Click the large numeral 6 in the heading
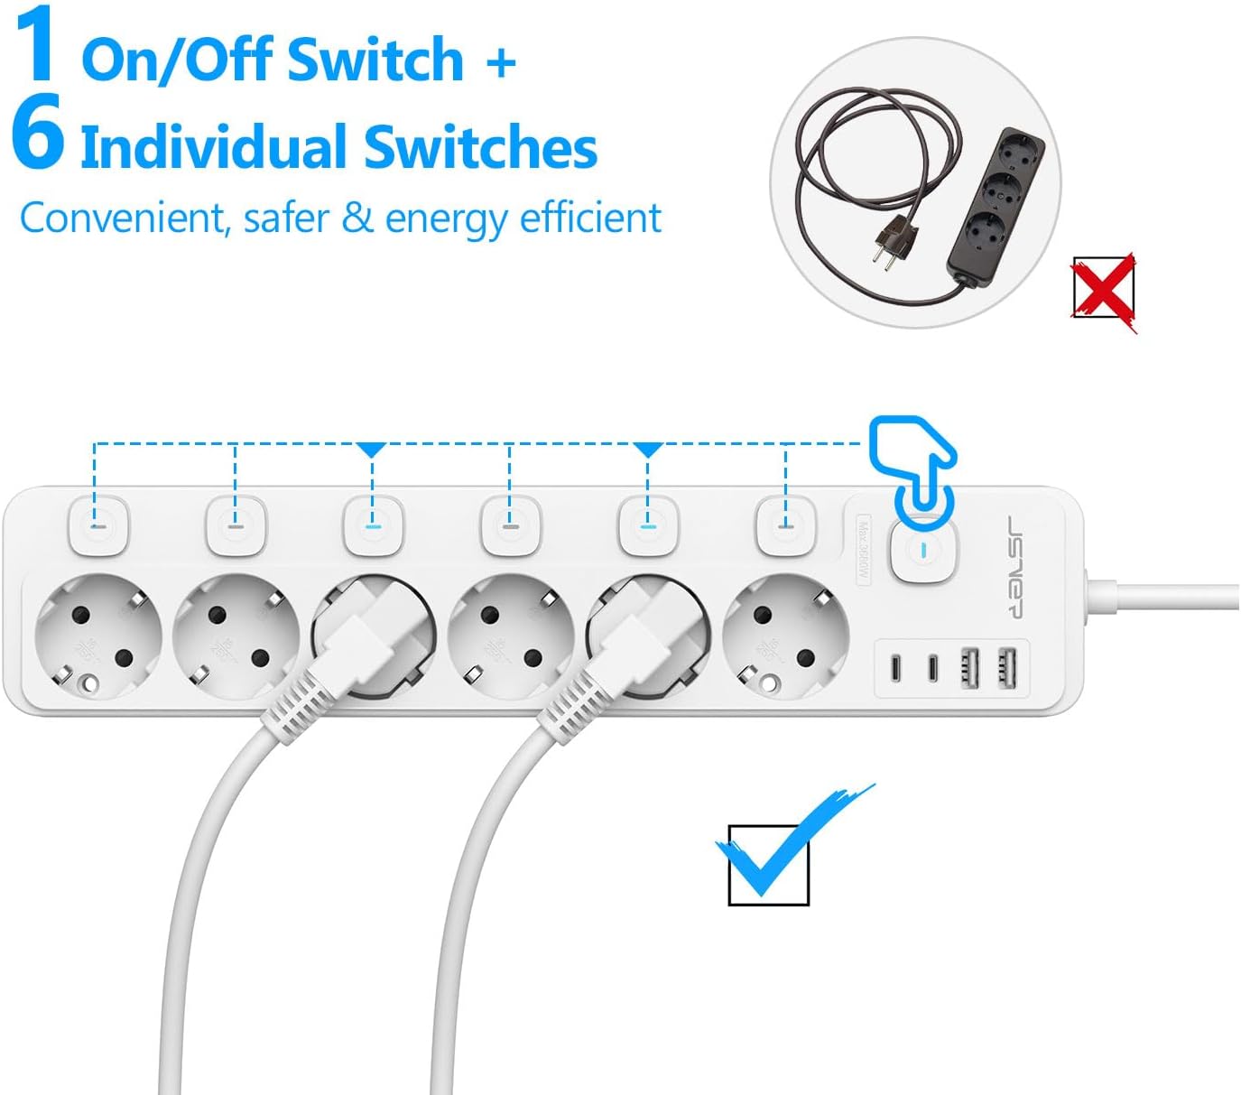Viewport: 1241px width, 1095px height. (38, 134)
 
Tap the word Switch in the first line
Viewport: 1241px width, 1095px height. (375, 60)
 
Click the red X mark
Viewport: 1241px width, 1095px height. (1104, 291)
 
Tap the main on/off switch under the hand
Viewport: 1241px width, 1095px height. (922, 549)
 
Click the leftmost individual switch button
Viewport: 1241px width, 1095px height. (98, 524)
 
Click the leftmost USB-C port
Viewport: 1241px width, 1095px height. (895, 669)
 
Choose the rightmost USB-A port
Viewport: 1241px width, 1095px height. (1007, 669)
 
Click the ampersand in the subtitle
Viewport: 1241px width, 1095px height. (357, 218)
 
